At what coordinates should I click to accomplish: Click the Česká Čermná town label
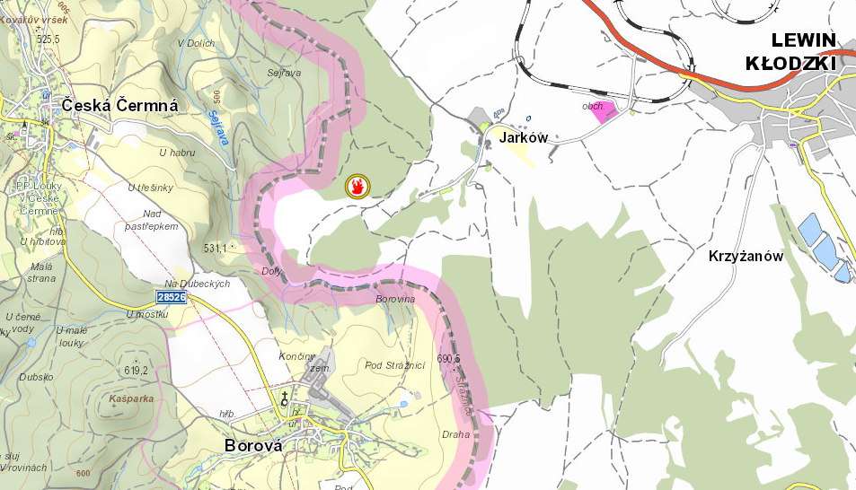pos(120,106)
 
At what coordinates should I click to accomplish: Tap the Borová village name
pos(252,446)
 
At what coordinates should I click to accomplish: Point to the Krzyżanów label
pos(746,257)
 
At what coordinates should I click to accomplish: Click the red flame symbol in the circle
pos(358,187)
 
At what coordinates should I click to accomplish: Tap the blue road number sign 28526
pos(171,297)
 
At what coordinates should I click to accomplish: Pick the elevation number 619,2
pos(136,370)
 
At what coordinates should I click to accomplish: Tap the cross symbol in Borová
pos(286,398)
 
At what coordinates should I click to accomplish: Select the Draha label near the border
pos(455,434)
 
